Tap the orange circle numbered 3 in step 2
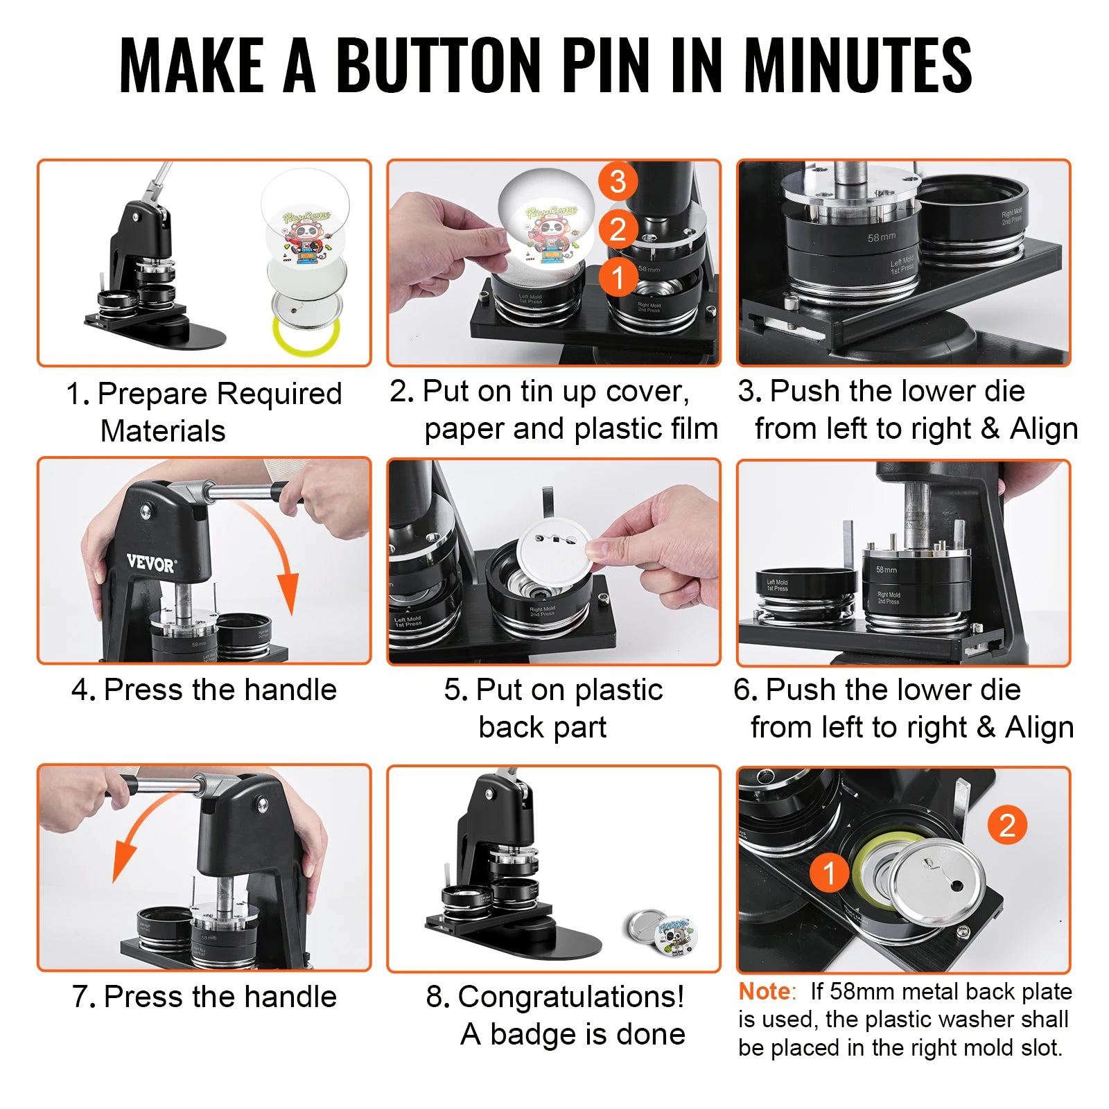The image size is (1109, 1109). (618, 182)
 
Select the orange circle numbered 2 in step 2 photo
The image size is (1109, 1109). (618, 229)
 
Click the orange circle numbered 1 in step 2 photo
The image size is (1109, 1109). (618, 277)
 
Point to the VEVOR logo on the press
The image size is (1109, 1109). (151, 563)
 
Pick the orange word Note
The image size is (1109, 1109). (764, 992)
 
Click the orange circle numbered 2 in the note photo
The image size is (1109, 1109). (1006, 826)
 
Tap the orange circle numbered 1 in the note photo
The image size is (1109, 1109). (829, 873)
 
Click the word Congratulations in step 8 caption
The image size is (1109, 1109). (570, 997)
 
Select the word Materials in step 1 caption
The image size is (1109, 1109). (163, 431)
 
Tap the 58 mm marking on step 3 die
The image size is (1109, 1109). (881, 237)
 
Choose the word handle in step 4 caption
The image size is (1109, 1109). (290, 690)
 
